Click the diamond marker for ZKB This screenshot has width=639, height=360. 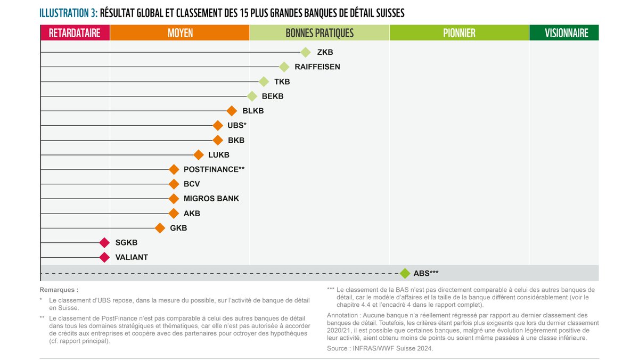click(305, 52)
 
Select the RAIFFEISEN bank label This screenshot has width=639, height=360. click(317, 67)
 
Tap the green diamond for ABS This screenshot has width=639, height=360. click(405, 273)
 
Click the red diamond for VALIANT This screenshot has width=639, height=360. click(104, 257)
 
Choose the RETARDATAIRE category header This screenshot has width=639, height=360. click(75, 33)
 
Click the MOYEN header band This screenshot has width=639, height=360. click(180, 33)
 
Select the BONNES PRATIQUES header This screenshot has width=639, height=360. click(319, 33)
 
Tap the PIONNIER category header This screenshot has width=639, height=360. click(459, 33)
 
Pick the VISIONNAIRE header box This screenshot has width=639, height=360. click(564, 33)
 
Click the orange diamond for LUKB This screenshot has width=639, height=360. click(199, 155)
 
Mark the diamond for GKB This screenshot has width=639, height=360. click(160, 228)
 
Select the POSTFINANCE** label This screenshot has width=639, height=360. click(214, 169)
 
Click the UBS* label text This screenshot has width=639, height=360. click(237, 126)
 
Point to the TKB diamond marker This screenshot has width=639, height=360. click(264, 81)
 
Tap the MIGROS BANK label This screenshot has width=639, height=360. click(211, 199)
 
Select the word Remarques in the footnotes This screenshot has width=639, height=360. click(59, 290)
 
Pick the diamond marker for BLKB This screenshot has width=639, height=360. click(231, 111)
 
